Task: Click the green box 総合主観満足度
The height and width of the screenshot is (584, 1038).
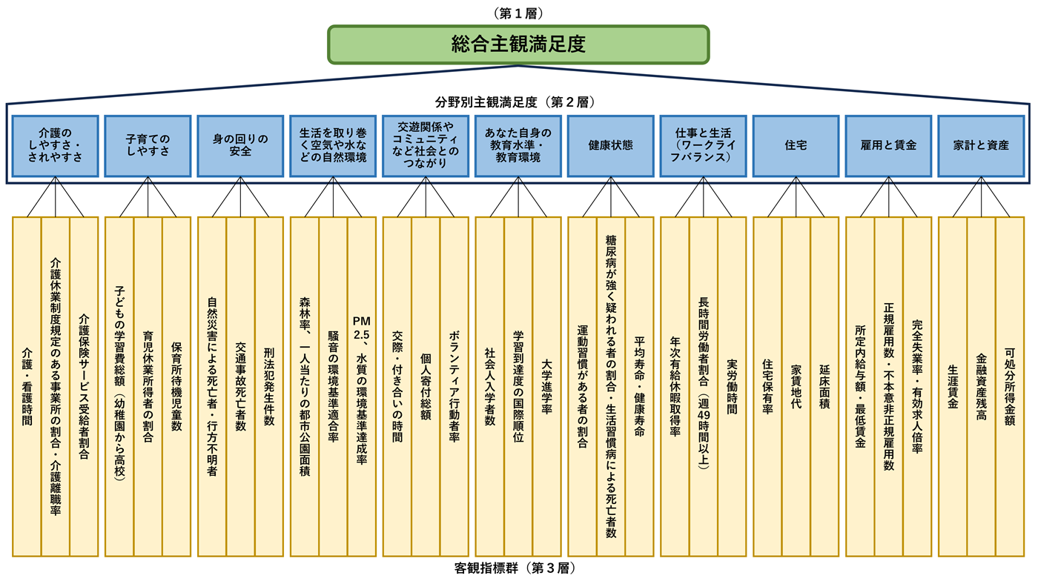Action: (518, 44)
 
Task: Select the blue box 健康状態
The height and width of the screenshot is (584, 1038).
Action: (610, 145)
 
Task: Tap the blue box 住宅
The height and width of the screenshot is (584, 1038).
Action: (796, 145)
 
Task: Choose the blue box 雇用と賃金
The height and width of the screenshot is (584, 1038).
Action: (888, 145)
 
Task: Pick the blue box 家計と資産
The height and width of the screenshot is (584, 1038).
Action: (981, 145)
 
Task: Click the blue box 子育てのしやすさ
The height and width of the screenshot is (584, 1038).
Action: (148, 145)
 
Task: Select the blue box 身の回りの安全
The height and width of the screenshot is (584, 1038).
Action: (240, 145)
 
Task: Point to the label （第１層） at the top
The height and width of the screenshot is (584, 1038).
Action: (518, 13)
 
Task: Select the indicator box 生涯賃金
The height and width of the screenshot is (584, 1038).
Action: (953, 386)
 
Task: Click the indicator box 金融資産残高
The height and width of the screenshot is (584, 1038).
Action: (981, 386)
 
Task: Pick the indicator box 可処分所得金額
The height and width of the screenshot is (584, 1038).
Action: (1009, 386)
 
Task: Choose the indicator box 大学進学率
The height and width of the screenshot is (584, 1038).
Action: (546, 386)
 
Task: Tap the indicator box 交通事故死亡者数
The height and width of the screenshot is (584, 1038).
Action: (240, 386)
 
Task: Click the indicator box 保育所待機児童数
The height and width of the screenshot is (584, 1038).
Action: (176, 386)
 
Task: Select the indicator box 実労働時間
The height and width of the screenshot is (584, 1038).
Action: (732, 386)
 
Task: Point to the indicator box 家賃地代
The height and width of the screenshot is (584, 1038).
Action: (796, 386)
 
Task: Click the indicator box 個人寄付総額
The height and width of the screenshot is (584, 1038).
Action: (426, 386)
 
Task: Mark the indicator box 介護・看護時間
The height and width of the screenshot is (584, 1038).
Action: (27, 386)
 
